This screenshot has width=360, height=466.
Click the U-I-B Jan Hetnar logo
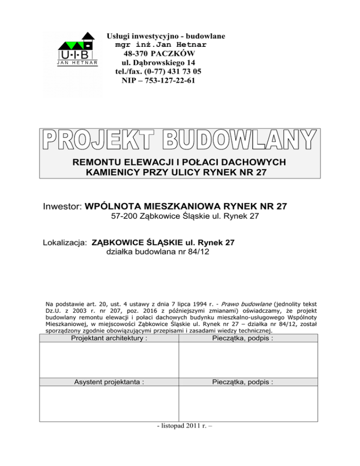(x=78, y=49)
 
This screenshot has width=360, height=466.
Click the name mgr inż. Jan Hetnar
(x=160, y=45)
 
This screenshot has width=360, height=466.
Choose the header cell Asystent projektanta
(x=109, y=382)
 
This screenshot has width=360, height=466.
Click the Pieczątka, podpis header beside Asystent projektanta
(x=248, y=382)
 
